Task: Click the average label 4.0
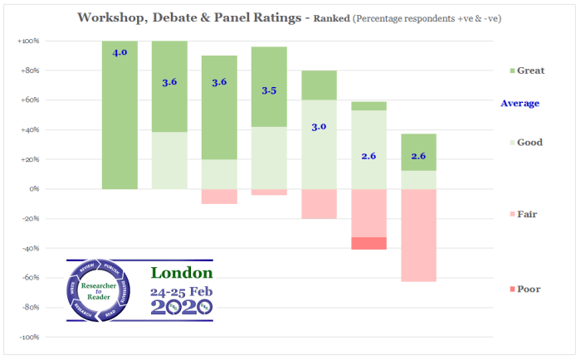(x=120, y=52)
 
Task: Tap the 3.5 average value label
(x=269, y=90)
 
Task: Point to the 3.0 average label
(x=319, y=126)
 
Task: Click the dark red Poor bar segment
(x=369, y=243)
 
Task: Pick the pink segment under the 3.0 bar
(x=319, y=203)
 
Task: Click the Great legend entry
(x=522, y=71)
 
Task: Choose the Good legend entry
(x=522, y=143)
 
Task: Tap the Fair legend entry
(x=522, y=215)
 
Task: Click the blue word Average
(x=520, y=104)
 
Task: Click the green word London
(x=182, y=273)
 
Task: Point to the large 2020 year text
(x=181, y=307)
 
